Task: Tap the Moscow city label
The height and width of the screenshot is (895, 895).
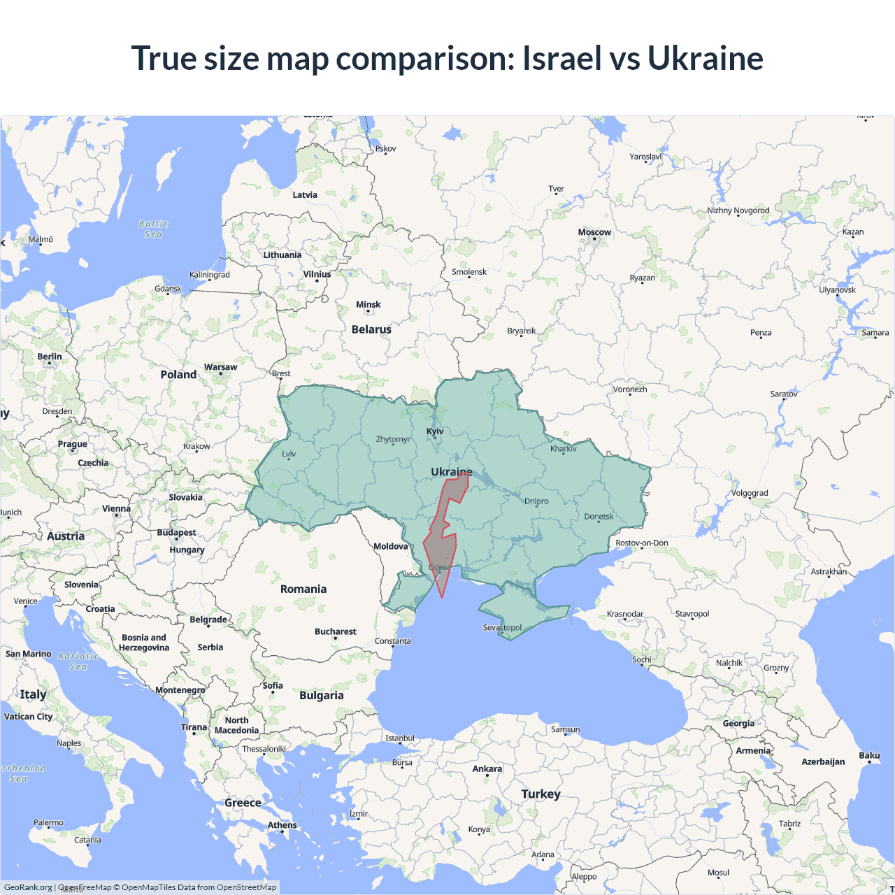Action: tap(594, 232)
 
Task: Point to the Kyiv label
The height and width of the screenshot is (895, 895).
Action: tap(435, 431)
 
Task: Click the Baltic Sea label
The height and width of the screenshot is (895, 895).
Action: tap(153, 229)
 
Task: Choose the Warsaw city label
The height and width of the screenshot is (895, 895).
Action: tap(220, 367)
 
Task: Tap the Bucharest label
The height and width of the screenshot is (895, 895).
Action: tap(335, 631)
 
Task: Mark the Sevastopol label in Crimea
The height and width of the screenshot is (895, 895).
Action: tap(502, 627)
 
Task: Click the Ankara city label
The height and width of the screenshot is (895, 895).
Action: tap(487, 768)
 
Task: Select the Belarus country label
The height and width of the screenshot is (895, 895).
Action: tap(371, 329)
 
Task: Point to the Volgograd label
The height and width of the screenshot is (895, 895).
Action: tap(750, 493)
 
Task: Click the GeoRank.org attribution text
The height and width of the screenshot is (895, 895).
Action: tap(28, 887)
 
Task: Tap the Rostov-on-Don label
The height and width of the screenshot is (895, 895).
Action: tap(641, 543)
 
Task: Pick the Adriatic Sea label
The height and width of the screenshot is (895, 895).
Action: tap(78, 661)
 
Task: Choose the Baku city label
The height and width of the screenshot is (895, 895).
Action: tap(869, 755)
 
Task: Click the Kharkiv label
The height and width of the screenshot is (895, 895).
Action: tap(563, 449)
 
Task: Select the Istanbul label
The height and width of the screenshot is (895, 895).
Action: tap(400, 738)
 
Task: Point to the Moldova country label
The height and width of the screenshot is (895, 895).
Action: tap(390, 546)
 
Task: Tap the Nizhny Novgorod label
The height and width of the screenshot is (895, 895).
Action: tap(738, 210)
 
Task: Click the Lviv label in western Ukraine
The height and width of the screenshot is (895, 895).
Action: tap(289, 454)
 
